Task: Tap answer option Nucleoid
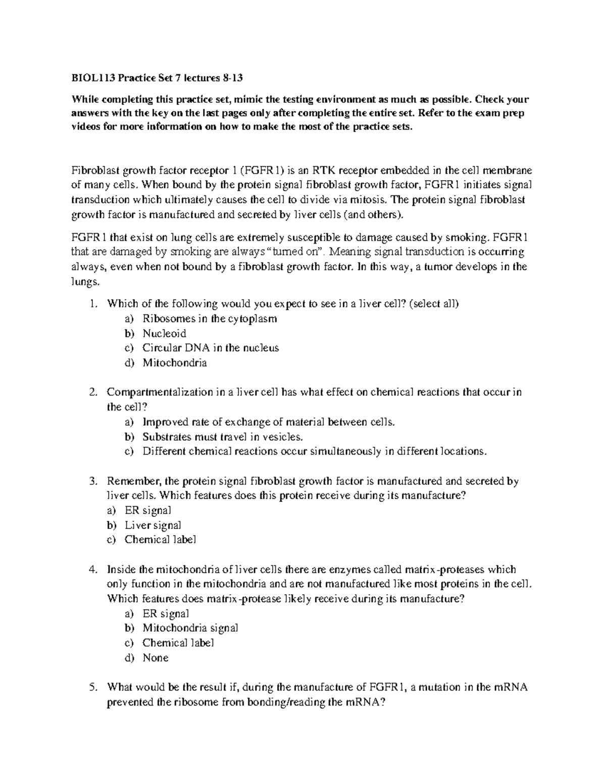coord(164,334)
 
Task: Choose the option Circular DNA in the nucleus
coord(210,348)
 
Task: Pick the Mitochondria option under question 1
coord(174,363)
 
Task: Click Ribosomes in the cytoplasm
coord(209,319)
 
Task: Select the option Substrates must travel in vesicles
coord(223,437)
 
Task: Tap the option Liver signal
coord(153,526)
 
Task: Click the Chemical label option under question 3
coord(160,540)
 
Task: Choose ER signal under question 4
coord(166,614)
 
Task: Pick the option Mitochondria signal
coord(190,629)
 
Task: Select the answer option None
coord(155,658)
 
